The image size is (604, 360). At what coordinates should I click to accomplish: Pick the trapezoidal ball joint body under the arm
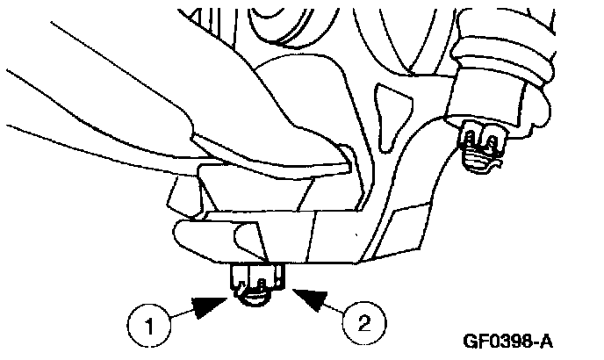point(263,190)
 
